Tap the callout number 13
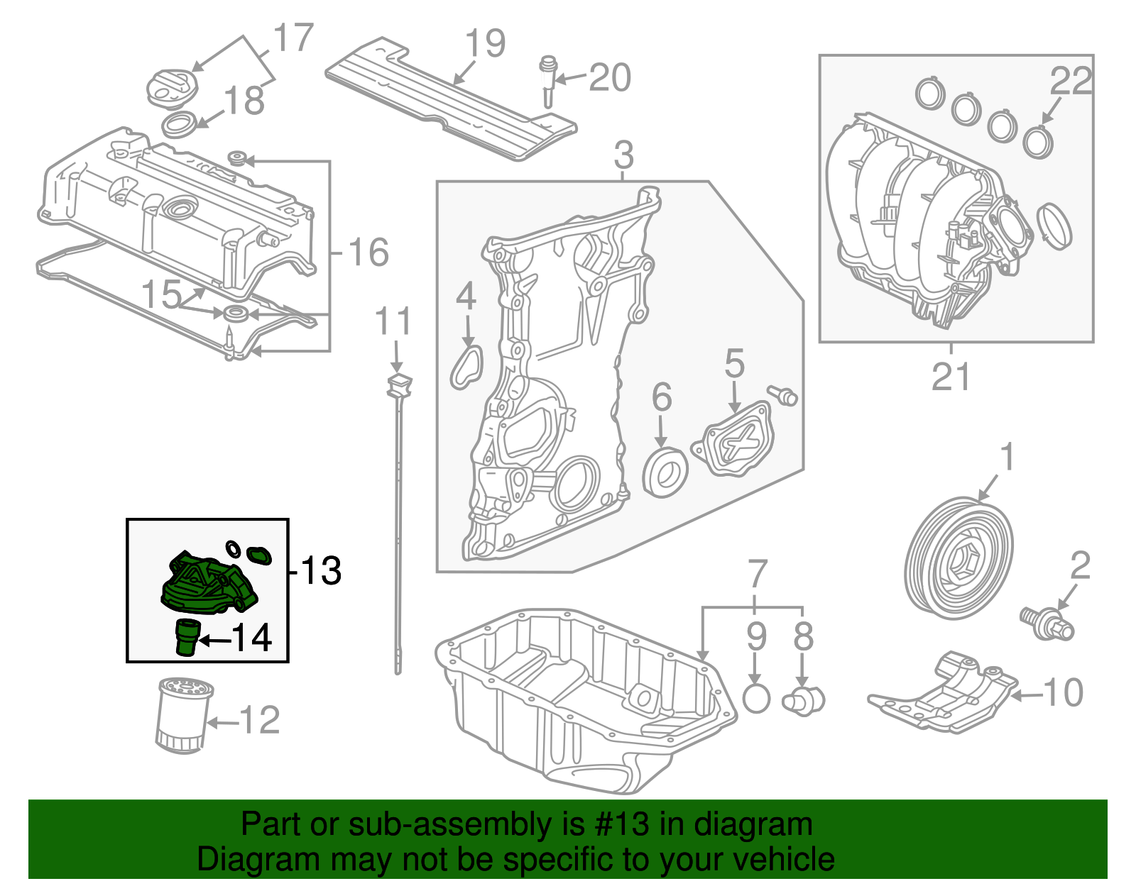click(x=320, y=571)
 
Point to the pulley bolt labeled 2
click(x=1047, y=622)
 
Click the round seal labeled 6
click(x=665, y=471)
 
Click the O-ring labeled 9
click(x=756, y=699)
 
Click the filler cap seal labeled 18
click(x=181, y=125)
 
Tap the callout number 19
click(x=485, y=44)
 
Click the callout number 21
click(x=950, y=377)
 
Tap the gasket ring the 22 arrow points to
click(x=1038, y=140)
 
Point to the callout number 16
click(x=368, y=253)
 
